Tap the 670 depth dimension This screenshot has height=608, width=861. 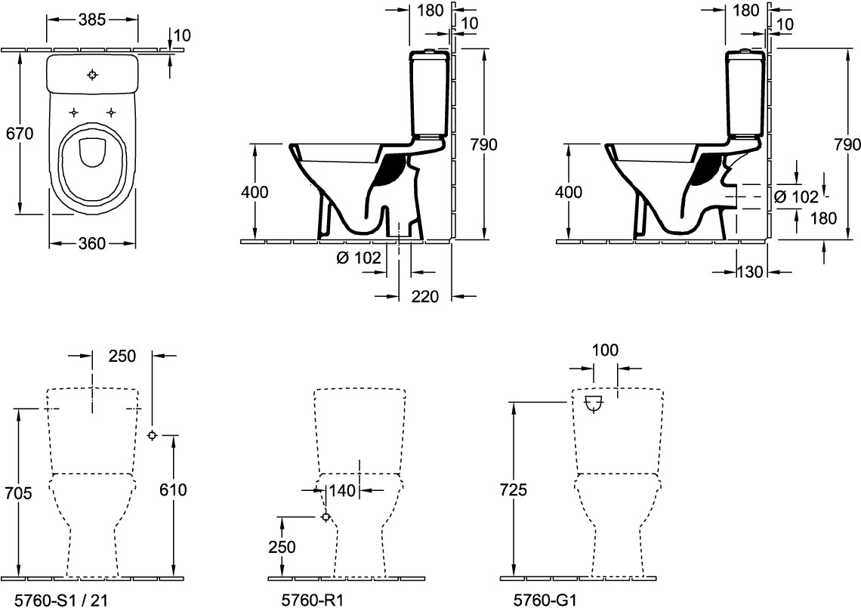pyautogui.click(x=20, y=134)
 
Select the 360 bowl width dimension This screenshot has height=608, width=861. pyautogui.click(x=91, y=242)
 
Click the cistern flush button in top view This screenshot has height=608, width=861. pyautogui.click(x=93, y=75)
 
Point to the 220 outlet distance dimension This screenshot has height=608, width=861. pyautogui.click(x=425, y=297)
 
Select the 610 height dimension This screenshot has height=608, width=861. pyautogui.click(x=173, y=489)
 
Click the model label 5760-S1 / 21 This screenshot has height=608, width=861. pyautogui.click(x=61, y=600)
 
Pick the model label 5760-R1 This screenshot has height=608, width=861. pyautogui.click(x=313, y=600)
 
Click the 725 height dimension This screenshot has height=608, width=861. pyautogui.click(x=514, y=489)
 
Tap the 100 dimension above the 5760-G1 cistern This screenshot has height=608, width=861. pyautogui.click(x=606, y=350)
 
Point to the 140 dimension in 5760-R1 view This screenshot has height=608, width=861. pyautogui.click(x=343, y=489)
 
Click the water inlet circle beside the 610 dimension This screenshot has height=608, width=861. pyautogui.click(x=152, y=436)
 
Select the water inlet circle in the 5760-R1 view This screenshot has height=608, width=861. pyautogui.click(x=326, y=517)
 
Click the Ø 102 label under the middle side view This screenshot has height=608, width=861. pyautogui.click(x=359, y=257)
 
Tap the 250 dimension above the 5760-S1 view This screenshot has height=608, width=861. pyautogui.click(x=122, y=356)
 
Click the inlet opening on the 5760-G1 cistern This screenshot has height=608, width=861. pyautogui.click(x=594, y=403)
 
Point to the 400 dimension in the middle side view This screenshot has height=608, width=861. pyautogui.click(x=255, y=193)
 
